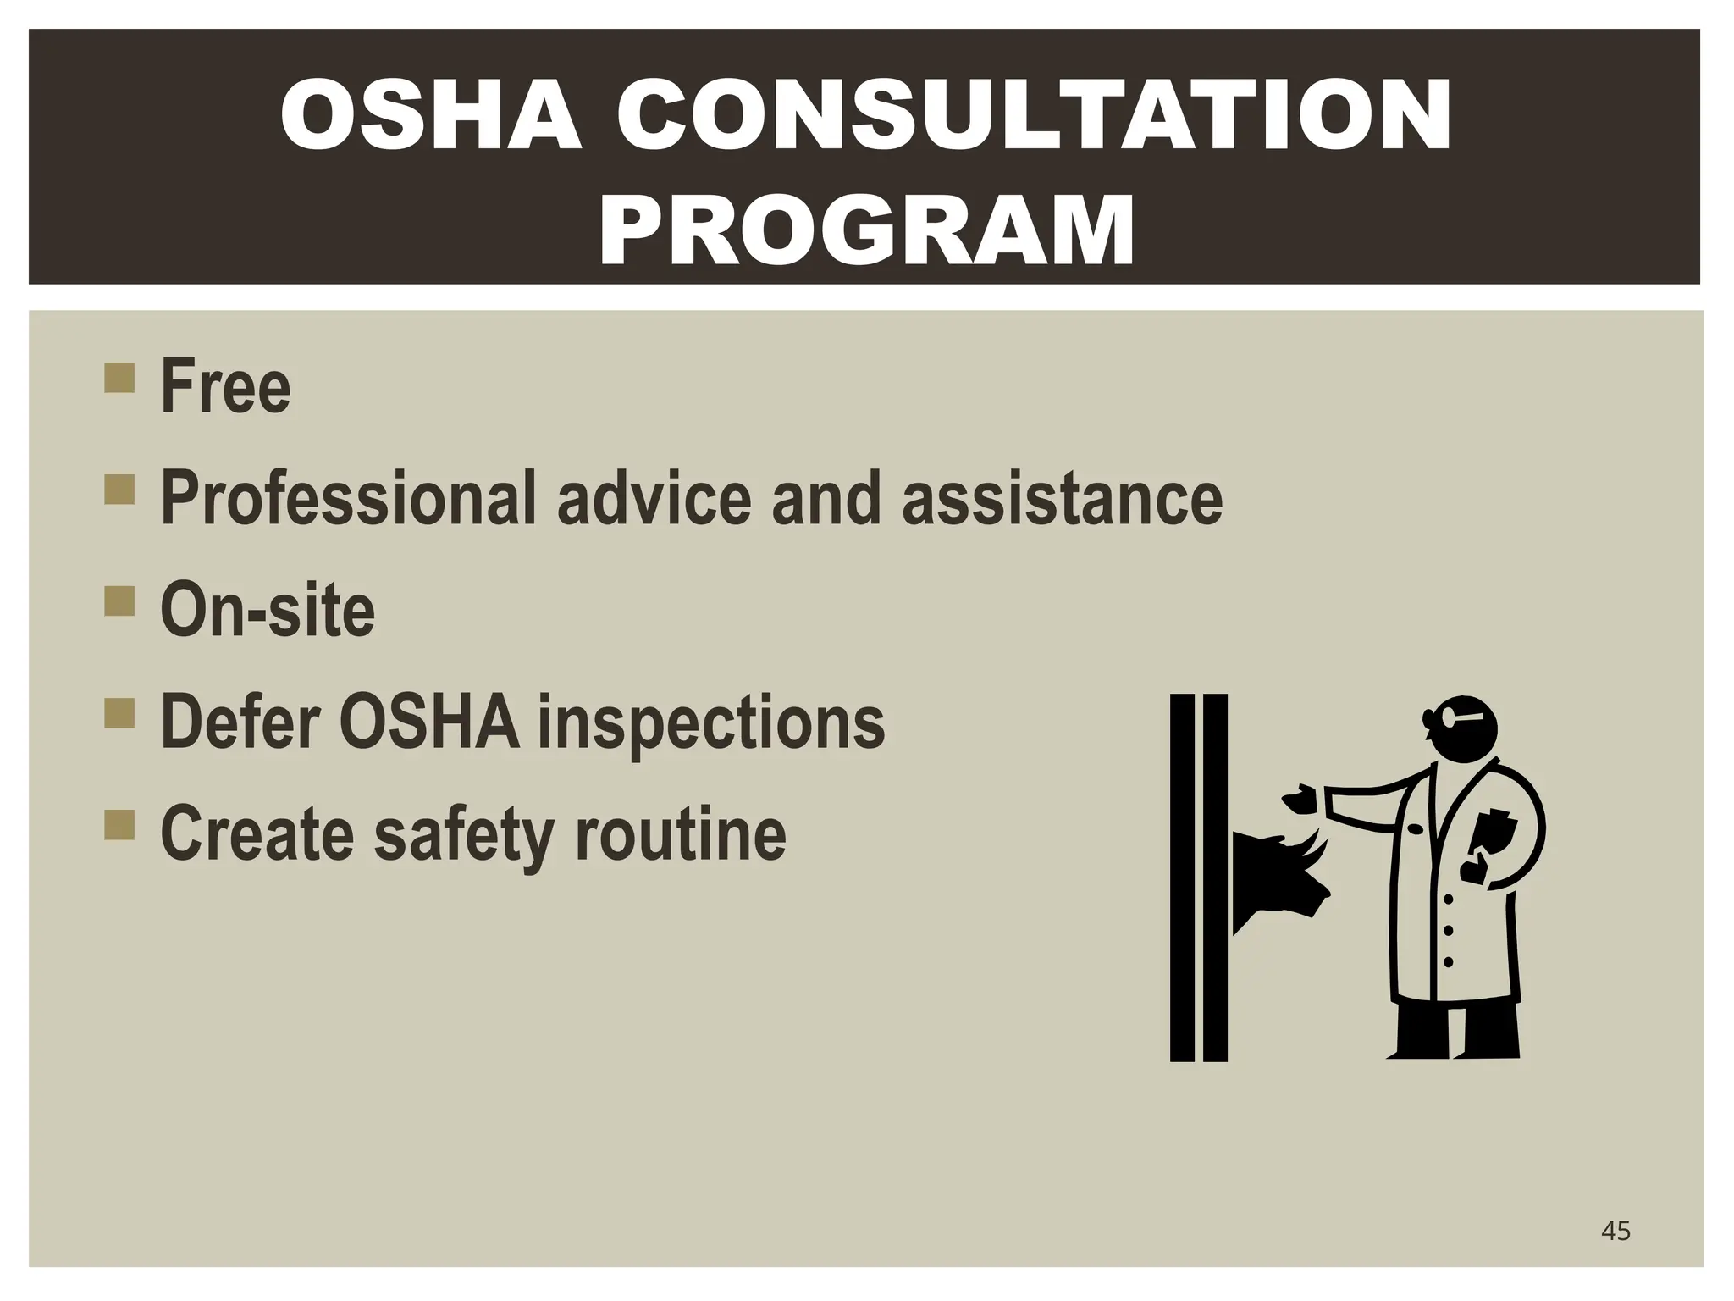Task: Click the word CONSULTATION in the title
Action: tap(1034, 116)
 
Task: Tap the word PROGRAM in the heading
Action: tap(866, 230)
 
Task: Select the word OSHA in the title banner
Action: tap(431, 116)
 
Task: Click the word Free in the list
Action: tap(225, 387)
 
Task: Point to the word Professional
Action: tap(348, 499)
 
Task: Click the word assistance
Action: tap(1062, 499)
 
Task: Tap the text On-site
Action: tap(268, 610)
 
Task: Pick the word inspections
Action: tap(711, 722)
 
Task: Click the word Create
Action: tap(257, 834)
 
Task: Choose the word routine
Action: tap(681, 834)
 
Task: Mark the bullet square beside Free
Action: tap(119, 378)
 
